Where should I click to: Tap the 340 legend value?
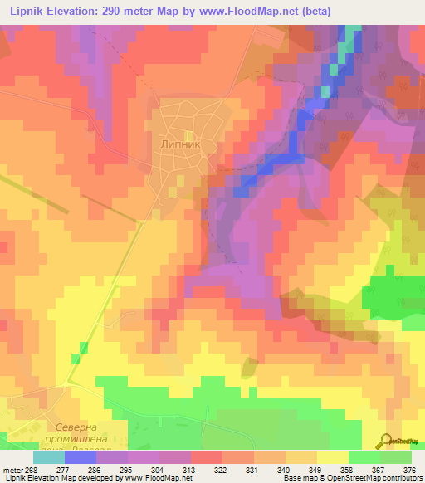[x=265, y=469]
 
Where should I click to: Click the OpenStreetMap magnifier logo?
[x=385, y=441]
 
